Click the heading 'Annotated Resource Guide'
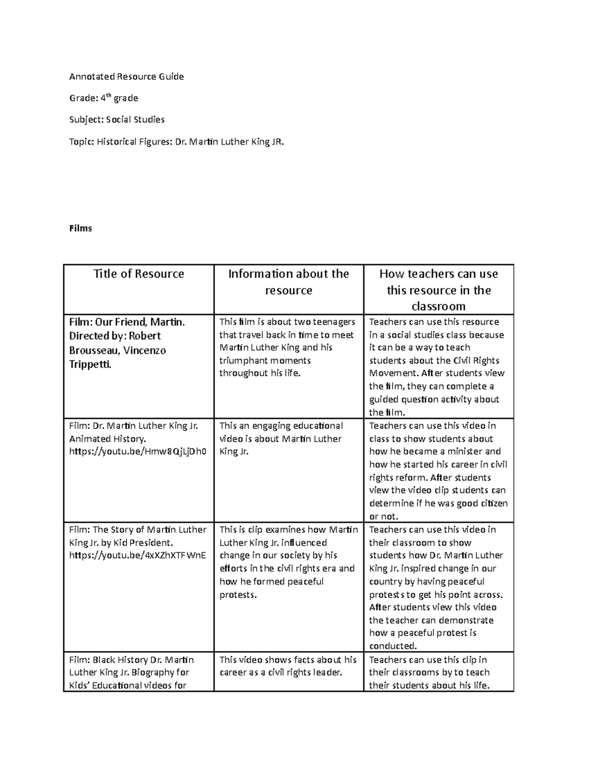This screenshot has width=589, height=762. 126,77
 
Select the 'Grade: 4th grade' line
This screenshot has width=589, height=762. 104,98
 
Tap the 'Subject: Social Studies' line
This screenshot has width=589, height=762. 117,120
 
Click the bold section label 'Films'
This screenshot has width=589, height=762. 80,228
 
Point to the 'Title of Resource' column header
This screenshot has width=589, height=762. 139,274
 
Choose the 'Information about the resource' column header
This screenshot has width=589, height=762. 289,282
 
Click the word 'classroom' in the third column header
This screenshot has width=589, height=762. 438,306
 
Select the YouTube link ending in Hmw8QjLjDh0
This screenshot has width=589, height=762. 138,451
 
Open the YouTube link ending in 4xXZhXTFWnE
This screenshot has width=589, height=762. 138,555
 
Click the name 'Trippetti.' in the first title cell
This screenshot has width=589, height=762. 90,365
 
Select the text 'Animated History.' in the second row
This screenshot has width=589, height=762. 107,439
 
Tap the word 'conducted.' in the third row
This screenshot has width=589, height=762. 393,646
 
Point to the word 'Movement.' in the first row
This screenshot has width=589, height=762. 394,373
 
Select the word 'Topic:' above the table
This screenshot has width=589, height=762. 81,142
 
